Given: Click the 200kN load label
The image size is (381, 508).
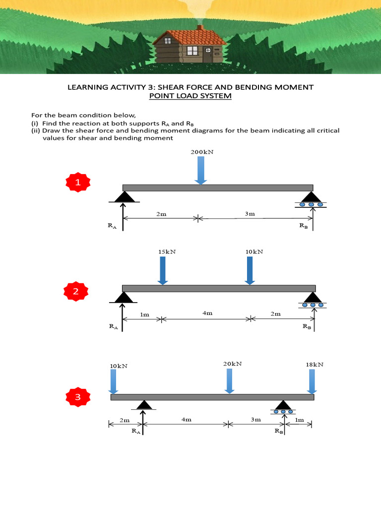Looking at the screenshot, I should [202, 152].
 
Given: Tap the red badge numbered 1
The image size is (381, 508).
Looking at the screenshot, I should [77, 184].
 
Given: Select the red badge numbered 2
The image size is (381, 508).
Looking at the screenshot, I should [76, 292].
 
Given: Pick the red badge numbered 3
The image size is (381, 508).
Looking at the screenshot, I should [77, 397].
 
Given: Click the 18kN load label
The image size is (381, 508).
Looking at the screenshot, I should [315, 364].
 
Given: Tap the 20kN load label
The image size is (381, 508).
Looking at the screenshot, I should [232, 364].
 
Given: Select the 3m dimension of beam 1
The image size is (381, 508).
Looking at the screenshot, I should [250, 214].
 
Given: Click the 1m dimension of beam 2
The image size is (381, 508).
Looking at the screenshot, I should [144, 315].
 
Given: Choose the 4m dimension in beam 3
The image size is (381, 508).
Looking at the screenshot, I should [187, 420].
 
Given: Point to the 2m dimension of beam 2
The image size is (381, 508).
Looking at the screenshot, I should [275, 314].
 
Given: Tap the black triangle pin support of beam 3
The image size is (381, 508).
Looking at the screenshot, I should [144, 405].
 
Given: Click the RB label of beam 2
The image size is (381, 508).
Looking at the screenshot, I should [307, 327].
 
